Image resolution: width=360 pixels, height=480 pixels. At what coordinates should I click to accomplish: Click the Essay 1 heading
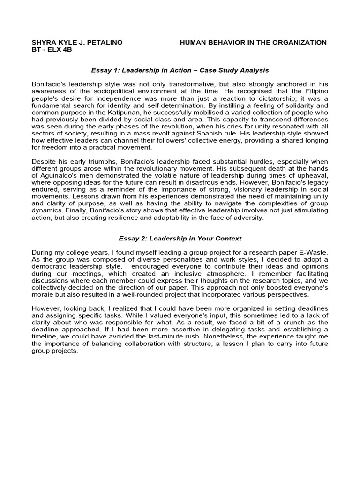click(x=180, y=70)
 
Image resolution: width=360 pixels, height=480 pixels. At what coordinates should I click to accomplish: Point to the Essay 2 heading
click(x=180, y=239)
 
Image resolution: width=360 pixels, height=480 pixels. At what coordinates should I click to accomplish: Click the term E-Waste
click(x=314, y=253)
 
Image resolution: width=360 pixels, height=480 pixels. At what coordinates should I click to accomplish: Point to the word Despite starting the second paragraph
click(x=43, y=160)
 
